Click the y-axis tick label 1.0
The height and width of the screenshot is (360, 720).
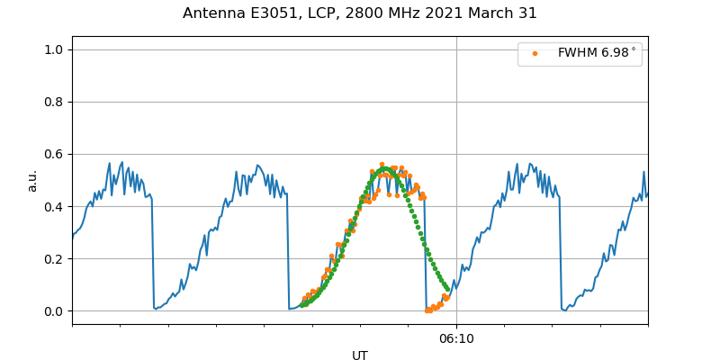tap(54, 49)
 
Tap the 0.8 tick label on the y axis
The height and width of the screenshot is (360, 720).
tap(54, 102)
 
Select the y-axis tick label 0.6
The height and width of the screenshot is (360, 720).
tap(54, 154)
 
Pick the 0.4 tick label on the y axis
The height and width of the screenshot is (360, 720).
tap(54, 206)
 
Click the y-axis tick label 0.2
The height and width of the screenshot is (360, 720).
tap(54, 258)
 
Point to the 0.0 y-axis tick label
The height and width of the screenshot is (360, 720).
tap(54, 311)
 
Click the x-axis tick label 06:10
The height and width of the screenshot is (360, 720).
tap(456, 338)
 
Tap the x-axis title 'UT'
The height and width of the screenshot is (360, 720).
tap(360, 355)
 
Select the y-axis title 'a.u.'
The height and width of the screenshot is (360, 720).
tap(32, 180)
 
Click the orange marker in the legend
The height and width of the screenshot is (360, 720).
tap(535, 53)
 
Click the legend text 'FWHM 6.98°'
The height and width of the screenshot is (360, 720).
tap(596, 53)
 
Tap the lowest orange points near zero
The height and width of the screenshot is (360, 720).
tap(429, 310)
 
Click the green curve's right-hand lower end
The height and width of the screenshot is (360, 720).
tap(447, 290)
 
